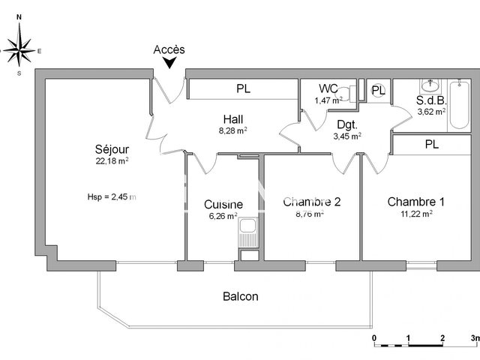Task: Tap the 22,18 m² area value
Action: [x=109, y=160]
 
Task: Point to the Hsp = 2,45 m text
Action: [x=111, y=197]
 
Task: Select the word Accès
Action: [x=169, y=49]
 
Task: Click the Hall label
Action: [x=232, y=118]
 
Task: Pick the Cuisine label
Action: [x=223, y=204]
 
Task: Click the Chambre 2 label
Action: [x=303, y=202]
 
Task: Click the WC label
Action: [x=328, y=88]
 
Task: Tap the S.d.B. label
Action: [x=431, y=100]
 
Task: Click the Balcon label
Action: [x=240, y=296]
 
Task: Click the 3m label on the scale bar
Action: [x=472, y=338]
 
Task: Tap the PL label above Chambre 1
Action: [x=431, y=144]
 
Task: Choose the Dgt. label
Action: [x=346, y=124]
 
